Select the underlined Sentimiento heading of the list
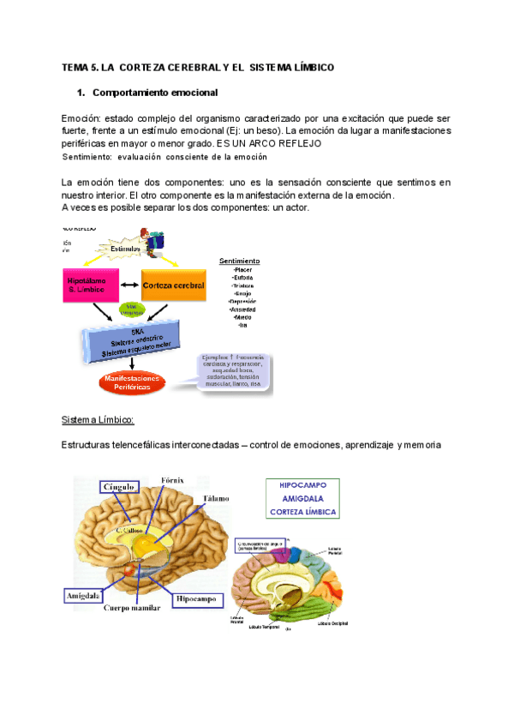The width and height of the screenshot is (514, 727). pyautogui.click(x=240, y=261)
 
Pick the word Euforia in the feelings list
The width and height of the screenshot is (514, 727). pyautogui.click(x=242, y=279)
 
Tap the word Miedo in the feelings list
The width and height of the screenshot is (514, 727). pyautogui.click(x=242, y=318)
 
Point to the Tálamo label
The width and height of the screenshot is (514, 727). pyautogui.click(x=215, y=498)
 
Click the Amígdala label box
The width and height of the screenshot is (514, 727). pyautogui.click(x=84, y=594)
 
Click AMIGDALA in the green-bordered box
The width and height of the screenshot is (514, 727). pyautogui.click(x=302, y=498)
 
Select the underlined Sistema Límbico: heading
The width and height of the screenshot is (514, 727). pyautogui.click(x=98, y=420)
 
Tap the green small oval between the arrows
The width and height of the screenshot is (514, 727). pyautogui.click(x=131, y=308)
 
